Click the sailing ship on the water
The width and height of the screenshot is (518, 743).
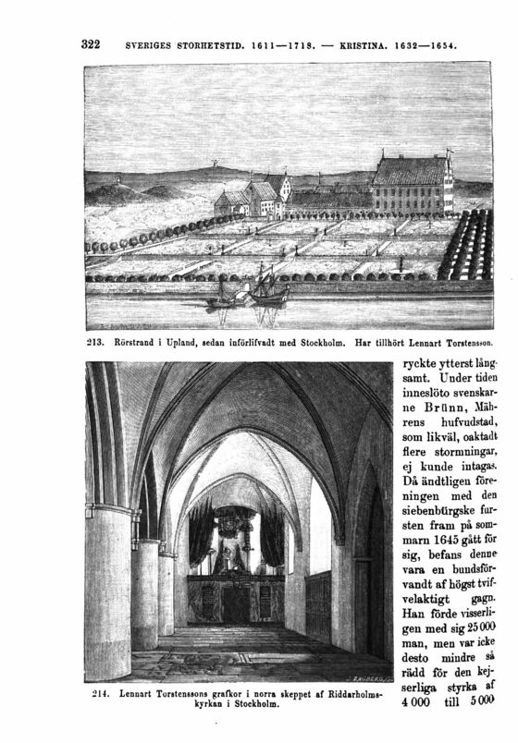pyautogui.click(x=265, y=286)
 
